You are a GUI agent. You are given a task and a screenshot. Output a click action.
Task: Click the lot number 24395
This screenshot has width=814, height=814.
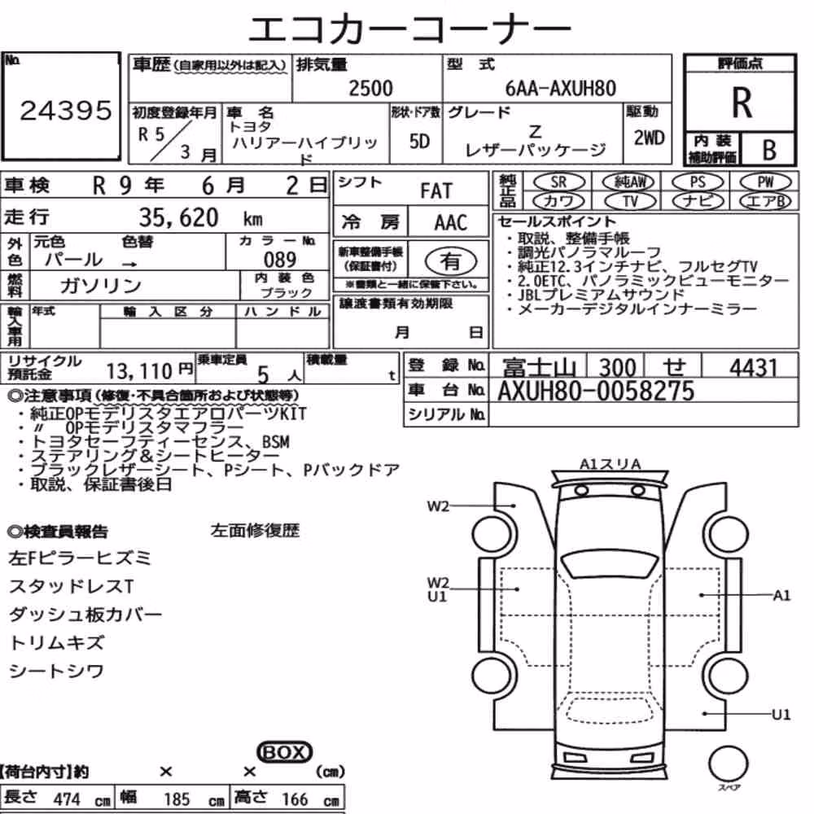coord(66,110)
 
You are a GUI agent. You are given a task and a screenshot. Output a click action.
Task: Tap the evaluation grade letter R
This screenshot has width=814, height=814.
coord(742,103)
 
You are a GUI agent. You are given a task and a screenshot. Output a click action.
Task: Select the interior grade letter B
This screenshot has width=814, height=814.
coord(769,150)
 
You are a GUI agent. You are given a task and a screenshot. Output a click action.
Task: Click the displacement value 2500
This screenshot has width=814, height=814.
coord(370,88)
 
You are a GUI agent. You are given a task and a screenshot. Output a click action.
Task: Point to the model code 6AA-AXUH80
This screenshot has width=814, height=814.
coord(560,88)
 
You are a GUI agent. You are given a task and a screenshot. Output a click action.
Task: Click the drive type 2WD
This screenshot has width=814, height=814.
coord(649,138)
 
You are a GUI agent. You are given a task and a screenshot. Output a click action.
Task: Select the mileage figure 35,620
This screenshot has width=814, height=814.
coord(178,217)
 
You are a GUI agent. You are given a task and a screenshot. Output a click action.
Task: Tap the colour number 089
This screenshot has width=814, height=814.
coord(280,260)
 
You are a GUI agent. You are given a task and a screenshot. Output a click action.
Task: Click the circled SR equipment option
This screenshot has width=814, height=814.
coord(558,182)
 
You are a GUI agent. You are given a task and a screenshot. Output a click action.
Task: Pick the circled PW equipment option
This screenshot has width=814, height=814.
coord(765,182)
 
